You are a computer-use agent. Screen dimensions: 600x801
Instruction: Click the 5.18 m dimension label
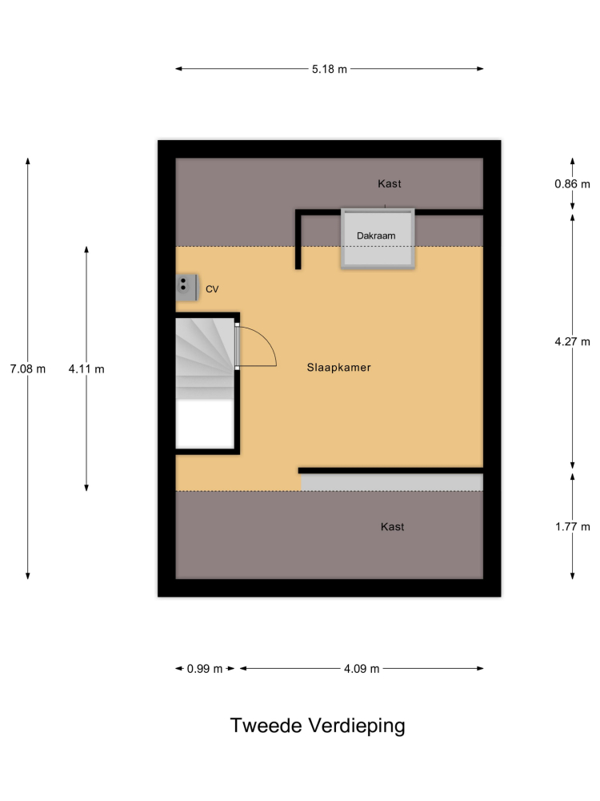(x=329, y=69)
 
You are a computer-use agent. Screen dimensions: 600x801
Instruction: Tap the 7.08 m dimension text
(x=27, y=368)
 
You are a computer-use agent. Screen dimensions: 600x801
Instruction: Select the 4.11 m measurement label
(x=86, y=368)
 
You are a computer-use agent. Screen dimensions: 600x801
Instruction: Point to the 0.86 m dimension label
(x=572, y=184)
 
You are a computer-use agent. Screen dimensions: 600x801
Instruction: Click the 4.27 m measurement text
(x=572, y=342)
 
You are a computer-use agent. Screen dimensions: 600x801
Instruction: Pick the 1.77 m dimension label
(x=572, y=527)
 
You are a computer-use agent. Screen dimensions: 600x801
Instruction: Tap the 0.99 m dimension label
(x=205, y=669)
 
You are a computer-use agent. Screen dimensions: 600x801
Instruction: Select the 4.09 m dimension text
(x=362, y=669)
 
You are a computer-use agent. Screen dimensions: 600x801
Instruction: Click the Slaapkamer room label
(x=338, y=368)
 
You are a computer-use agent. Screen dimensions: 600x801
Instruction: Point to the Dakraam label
(x=376, y=236)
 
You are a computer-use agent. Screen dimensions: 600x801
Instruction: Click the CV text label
(x=212, y=289)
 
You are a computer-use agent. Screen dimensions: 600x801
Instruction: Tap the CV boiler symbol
(x=186, y=288)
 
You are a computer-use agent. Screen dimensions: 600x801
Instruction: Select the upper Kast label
(x=390, y=184)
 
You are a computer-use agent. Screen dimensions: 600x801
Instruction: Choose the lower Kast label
(x=392, y=527)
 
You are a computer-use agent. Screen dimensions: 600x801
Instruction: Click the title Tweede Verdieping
(x=318, y=726)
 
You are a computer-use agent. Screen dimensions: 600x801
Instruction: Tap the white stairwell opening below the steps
(x=205, y=424)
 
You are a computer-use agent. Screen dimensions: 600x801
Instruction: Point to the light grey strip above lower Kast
(x=392, y=482)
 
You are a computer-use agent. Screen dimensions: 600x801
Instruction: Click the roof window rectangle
(x=378, y=239)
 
